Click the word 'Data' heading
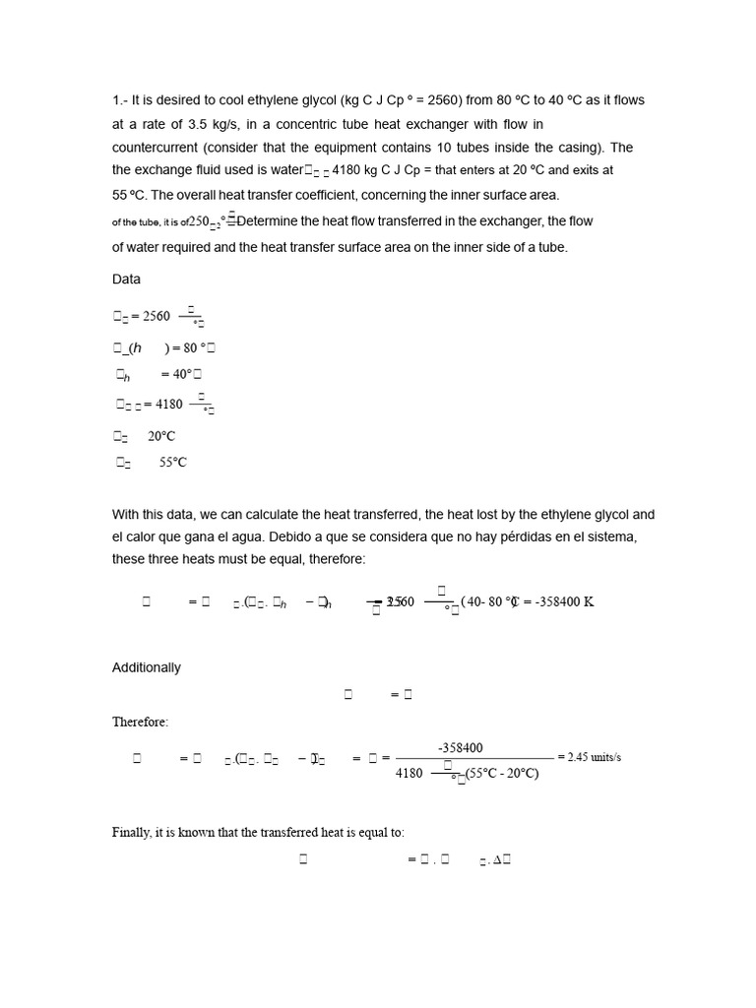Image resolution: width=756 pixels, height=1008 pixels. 126,280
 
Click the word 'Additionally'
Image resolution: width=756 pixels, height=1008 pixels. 147,667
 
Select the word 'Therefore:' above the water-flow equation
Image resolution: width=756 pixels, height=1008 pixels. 140,723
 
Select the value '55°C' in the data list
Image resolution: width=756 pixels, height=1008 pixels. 172,463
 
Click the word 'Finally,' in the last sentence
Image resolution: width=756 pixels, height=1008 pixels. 134,833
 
